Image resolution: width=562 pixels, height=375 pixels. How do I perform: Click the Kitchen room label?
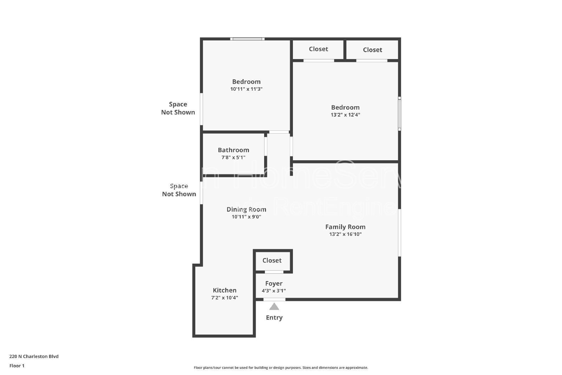point(224,290)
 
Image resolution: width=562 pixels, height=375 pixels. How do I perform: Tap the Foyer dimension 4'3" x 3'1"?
point(274,291)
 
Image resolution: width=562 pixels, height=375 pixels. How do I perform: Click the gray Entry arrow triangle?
point(274,307)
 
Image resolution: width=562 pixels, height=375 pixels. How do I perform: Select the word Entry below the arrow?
point(274,318)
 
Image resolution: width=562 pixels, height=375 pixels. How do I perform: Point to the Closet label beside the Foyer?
point(272,260)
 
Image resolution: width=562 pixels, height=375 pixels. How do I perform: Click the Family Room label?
point(345,227)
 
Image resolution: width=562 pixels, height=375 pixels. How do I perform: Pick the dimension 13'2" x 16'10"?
point(345,234)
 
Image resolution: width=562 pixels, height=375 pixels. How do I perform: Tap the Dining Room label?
point(246,209)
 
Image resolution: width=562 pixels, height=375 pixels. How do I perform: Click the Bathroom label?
point(233,150)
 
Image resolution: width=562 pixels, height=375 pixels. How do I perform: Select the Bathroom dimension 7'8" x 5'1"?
point(233,157)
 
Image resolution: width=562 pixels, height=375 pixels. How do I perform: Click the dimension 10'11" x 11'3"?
point(246,89)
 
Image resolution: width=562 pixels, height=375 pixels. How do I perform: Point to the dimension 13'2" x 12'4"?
point(345,115)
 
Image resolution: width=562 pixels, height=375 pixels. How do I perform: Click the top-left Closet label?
point(318,49)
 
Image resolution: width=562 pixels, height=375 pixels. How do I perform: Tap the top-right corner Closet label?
point(372,50)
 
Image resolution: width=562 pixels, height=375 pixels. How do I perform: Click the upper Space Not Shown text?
point(178,108)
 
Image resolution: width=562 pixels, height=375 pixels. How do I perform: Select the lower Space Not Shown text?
point(179,190)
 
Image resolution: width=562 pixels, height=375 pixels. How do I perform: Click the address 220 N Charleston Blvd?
point(34,356)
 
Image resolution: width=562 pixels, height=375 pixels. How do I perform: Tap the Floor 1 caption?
point(17,366)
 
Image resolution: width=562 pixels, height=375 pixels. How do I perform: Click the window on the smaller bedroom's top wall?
point(247,39)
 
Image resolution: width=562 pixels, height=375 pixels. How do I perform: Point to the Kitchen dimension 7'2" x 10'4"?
point(224,298)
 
